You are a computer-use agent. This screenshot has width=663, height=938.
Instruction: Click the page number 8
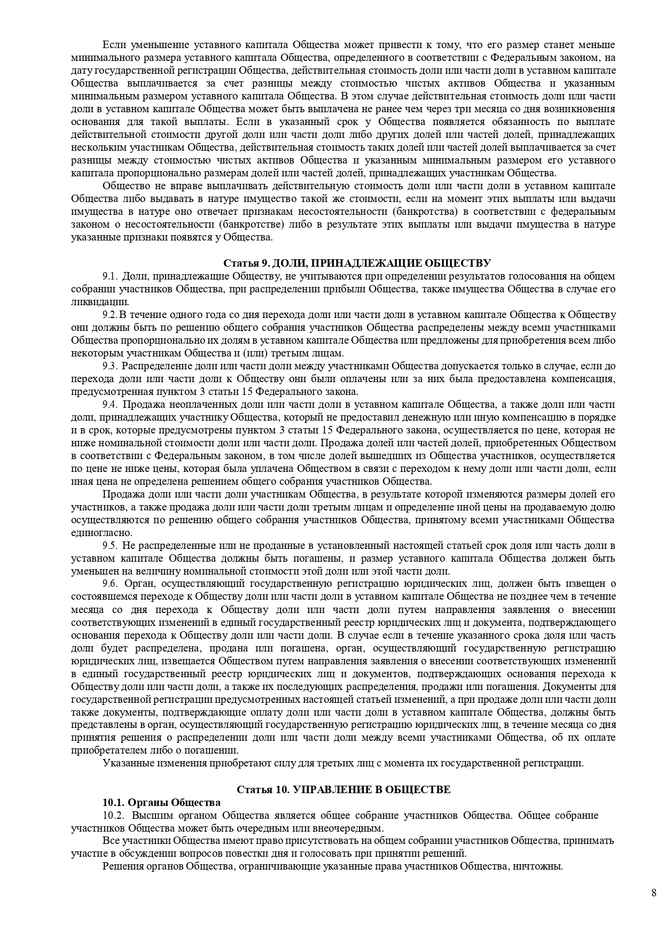pos(654,893)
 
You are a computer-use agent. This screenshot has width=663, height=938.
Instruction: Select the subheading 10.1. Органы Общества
pos(161,802)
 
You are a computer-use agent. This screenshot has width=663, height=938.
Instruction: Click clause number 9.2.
pos(110,315)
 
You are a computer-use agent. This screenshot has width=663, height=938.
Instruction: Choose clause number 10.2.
pos(113,815)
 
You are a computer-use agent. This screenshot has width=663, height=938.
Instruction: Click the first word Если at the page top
pos(113,45)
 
